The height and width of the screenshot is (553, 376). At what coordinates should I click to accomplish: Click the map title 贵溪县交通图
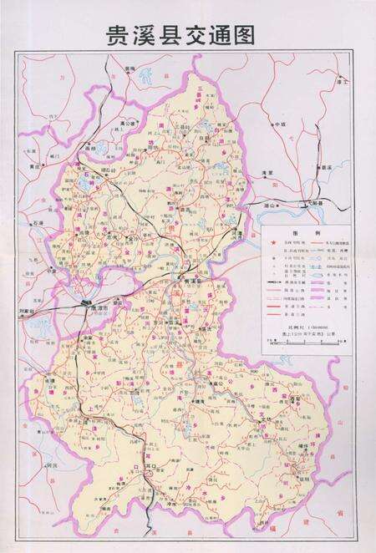(179, 34)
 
